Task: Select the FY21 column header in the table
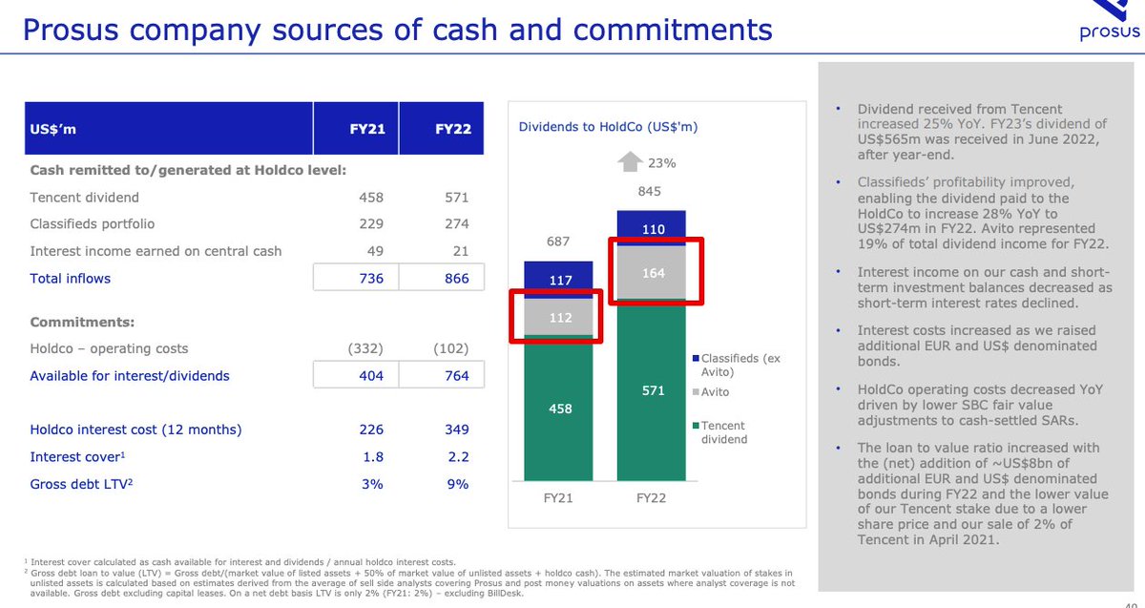pyautogui.click(x=366, y=129)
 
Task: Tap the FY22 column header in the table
pyautogui.click(x=451, y=129)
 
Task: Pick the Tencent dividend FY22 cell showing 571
pyautogui.click(x=456, y=198)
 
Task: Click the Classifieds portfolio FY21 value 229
pyautogui.click(x=370, y=224)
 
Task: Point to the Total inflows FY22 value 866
pyautogui.click(x=456, y=279)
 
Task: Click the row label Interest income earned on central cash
pyautogui.click(x=156, y=251)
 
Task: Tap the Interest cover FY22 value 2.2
pyautogui.click(x=457, y=457)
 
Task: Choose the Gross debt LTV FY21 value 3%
pyautogui.click(x=371, y=484)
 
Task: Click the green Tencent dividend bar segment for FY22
pyautogui.click(x=653, y=390)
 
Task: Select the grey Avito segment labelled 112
pyautogui.click(x=560, y=318)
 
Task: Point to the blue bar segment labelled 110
pyautogui.click(x=653, y=229)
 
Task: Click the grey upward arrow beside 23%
pyautogui.click(x=630, y=163)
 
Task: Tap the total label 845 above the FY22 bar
pyautogui.click(x=649, y=192)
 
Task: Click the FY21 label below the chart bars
pyautogui.click(x=558, y=498)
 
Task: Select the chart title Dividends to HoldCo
pyautogui.click(x=609, y=127)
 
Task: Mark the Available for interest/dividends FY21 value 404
pyautogui.click(x=370, y=376)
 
